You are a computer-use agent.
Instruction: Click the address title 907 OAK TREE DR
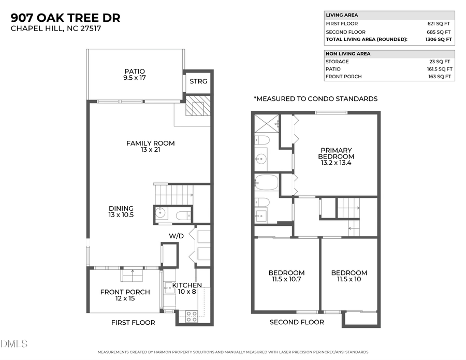click(66, 18)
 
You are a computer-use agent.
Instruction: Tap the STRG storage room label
click(198, 82)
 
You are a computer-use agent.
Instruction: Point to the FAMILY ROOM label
click(151, 147)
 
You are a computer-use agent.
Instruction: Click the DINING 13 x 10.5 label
click(121, 211)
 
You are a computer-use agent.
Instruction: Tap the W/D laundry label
click(176, 236)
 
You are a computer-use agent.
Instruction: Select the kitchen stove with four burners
click(191, 315)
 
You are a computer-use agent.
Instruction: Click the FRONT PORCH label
click(125, 295)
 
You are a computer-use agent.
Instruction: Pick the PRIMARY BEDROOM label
click(336, 156)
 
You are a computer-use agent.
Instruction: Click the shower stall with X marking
click(266, 124)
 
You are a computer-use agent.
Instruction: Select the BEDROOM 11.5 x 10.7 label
click(286, 276)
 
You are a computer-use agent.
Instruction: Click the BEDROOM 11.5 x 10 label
click(349, 276)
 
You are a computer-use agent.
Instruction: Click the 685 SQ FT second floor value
click(439, 32)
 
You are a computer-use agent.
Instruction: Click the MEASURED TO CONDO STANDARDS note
click(315, 98)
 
